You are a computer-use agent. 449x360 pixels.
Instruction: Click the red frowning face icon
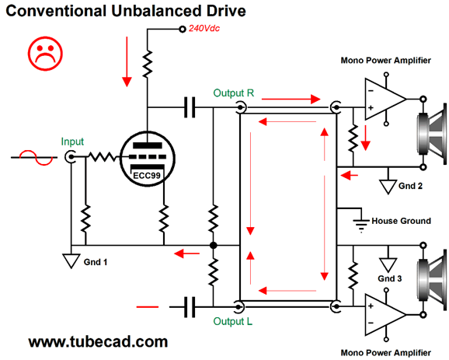[45, 54]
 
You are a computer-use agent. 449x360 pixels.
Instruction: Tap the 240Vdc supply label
[204, 28]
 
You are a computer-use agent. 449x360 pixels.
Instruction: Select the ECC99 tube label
[147, 175]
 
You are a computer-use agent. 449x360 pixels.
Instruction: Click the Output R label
[234, 93]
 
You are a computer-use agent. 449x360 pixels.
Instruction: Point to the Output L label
[233, 321]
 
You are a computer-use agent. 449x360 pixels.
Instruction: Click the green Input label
[72, 142]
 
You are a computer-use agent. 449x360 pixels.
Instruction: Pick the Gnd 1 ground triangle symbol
[71, 260]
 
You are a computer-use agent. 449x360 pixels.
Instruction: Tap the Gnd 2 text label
[410, 186]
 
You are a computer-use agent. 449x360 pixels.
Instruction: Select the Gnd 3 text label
[390, 278]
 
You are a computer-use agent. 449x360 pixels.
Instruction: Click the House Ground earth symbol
[361, 225]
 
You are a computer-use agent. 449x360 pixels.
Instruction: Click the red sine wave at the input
[36, 157]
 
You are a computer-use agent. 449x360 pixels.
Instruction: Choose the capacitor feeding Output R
[190, 107]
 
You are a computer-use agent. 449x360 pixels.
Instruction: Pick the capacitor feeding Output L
[190, 307]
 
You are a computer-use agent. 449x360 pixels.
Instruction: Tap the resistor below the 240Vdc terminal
[148, 64]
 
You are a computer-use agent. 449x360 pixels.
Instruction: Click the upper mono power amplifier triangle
[385, 100]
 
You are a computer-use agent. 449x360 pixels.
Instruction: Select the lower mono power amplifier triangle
[385, 315]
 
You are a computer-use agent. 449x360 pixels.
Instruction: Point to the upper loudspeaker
[431, 134]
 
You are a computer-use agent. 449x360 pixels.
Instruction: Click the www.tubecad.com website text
[98, 341]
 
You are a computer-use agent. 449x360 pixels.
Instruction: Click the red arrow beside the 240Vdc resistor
[127, 61]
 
